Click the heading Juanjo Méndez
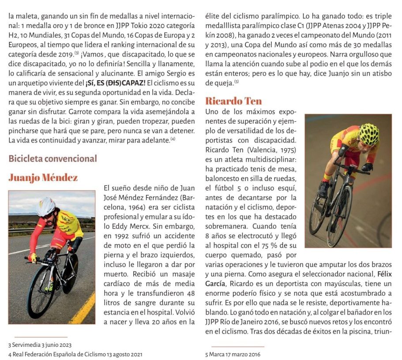(43, 178)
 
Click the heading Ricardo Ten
(233, 101)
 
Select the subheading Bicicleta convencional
(53, 158)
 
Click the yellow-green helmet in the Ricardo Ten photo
(368, 134)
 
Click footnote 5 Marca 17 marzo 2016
(233, 354)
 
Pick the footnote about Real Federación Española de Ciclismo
(75, 354)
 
